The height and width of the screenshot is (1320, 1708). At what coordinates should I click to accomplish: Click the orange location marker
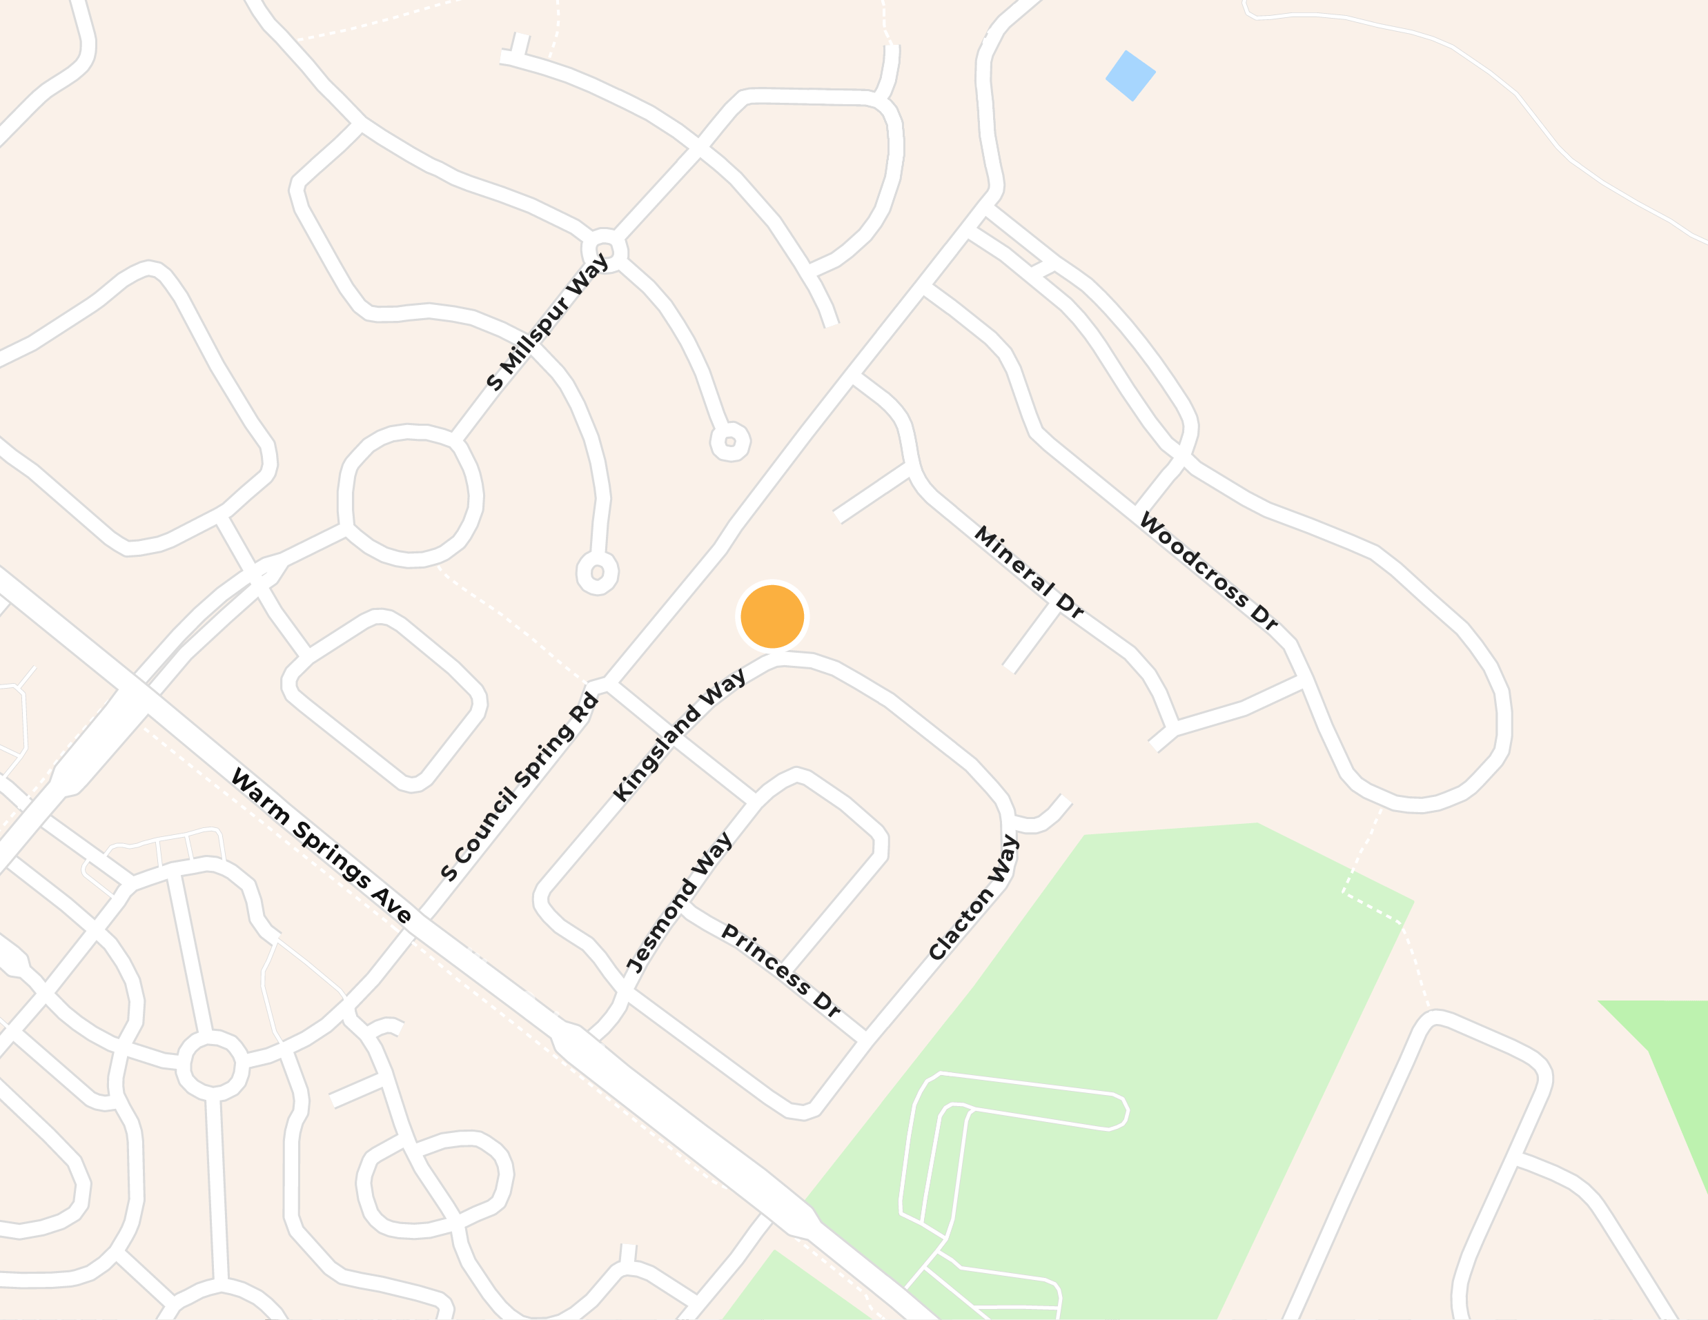point(772,616)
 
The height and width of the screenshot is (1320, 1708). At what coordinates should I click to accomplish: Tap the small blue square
point(1130,75)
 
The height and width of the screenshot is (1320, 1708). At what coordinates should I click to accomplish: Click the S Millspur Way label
point(547,322)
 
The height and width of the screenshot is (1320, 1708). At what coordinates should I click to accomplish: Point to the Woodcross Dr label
point(1208,571)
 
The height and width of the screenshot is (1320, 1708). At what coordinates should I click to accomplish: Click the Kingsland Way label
point(679,736)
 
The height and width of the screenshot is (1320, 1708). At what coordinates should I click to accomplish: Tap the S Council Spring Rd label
point(519,787)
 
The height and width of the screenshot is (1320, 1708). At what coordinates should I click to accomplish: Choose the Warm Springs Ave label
point(322,846)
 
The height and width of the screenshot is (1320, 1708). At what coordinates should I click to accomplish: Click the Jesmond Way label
point(679,903)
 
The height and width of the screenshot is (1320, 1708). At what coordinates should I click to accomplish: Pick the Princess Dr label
point(781,970)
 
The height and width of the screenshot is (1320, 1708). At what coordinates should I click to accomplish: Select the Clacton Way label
point(974,898)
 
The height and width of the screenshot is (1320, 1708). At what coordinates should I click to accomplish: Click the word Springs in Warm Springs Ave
point(331,854)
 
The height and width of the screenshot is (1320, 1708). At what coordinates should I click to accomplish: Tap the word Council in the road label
point(487,826)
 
